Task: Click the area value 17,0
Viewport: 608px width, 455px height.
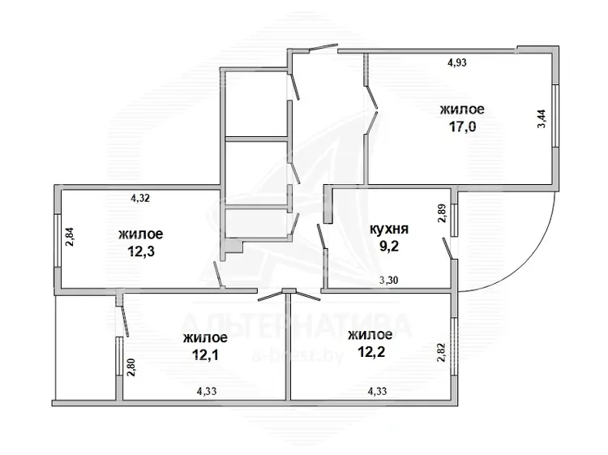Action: (462, 127)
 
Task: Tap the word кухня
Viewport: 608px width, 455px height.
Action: (389, 229)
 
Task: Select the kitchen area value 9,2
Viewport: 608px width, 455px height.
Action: (389, 246)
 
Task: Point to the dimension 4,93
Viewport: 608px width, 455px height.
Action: (457, 62)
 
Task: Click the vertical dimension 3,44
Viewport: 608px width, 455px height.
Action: (542, 119)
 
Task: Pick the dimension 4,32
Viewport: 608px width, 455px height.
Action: (140, 198)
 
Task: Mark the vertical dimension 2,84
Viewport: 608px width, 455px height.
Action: (71, 238)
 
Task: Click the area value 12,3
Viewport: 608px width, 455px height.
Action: (141, 251)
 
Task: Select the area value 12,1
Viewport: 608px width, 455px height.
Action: (206, 355)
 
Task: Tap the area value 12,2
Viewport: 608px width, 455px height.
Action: (371, 352)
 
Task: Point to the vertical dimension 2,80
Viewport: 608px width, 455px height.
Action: (132, 367)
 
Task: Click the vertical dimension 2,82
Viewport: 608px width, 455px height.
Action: (442, 353)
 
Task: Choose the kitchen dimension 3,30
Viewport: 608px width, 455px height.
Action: (388, 280)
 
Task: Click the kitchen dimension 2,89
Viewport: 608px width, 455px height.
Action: (443, 213)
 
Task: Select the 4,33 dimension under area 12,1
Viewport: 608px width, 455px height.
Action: (207, 392)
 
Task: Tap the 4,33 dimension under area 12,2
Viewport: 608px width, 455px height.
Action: (377, 391)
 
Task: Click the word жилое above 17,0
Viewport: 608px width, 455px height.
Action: (462, 109)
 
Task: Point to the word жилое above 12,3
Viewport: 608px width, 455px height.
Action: (141, 234)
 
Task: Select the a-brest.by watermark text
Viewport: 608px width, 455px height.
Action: (298, 355)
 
